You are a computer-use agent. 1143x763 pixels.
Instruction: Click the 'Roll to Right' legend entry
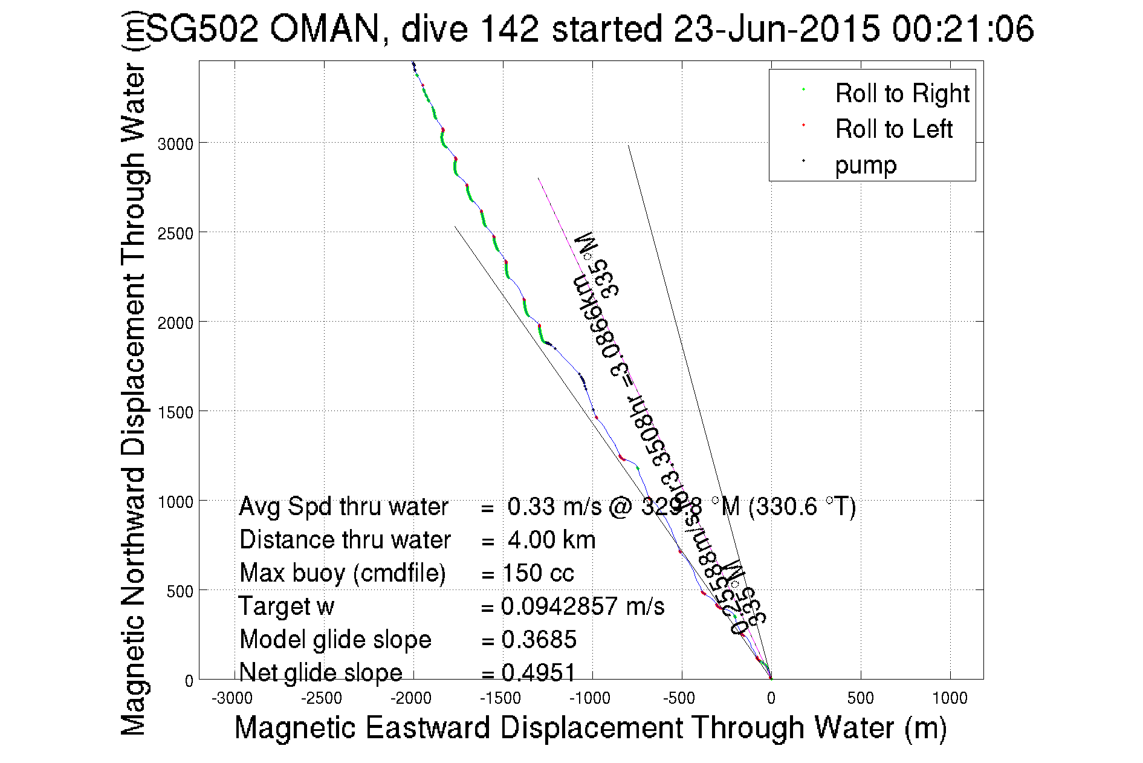901,94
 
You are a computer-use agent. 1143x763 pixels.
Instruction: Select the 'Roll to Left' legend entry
893,129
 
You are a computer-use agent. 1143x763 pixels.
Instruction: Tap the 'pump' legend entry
866,165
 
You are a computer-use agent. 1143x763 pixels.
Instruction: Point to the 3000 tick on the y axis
175,144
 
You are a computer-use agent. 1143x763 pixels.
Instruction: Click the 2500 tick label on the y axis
175,234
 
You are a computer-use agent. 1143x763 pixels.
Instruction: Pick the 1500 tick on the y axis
175,413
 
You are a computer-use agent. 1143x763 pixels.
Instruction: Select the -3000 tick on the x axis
232,699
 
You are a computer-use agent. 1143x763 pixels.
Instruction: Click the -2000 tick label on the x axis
411,699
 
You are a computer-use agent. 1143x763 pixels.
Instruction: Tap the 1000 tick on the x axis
950,699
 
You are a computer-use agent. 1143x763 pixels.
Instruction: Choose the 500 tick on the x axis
860,699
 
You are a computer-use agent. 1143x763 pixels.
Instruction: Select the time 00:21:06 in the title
962,29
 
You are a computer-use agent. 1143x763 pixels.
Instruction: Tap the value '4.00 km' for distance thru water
551,540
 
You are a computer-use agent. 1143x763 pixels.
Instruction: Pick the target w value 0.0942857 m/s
583,606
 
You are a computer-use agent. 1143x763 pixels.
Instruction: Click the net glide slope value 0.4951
539,672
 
